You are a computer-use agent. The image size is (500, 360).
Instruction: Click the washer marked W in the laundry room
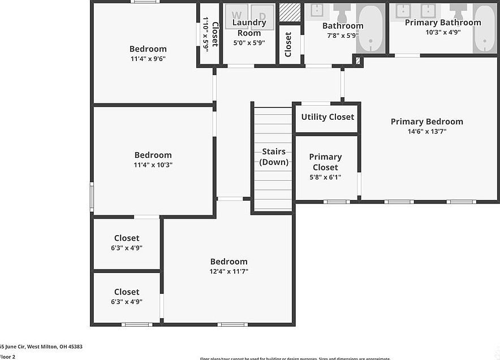238,16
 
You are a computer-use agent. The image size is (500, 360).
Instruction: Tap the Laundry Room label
249,28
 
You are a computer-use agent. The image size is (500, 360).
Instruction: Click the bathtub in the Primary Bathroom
485,28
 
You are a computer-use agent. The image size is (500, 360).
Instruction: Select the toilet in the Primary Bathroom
458,11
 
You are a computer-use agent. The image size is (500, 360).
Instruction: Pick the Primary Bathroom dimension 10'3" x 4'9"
443,33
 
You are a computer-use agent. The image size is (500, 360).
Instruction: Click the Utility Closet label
327,117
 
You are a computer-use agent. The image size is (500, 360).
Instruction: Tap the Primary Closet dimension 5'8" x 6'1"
325,177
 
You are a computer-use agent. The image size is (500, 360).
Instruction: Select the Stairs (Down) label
274,157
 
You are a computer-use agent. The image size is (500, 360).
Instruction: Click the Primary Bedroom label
426,122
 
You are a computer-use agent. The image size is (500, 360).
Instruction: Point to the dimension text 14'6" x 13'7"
426,132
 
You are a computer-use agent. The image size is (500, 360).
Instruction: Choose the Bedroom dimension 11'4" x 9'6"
148,58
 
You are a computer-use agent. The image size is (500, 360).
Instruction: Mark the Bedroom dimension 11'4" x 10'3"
153,165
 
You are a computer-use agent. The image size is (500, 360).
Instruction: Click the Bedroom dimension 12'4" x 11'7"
229,271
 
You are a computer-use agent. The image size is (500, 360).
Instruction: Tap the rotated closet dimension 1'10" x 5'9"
206,34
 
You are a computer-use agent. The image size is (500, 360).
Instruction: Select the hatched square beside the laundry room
290,12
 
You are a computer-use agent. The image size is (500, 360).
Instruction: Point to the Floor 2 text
7,357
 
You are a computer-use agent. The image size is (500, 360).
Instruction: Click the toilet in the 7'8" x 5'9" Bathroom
342,11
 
